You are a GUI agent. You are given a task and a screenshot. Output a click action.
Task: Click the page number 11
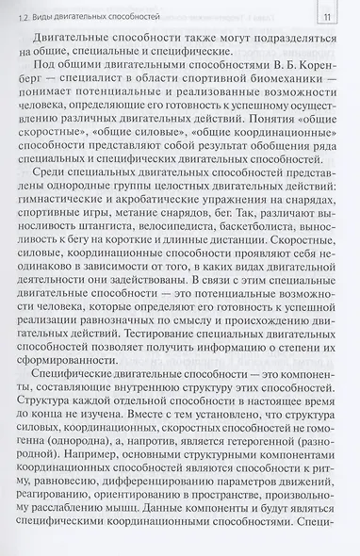(x=327, y=15)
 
